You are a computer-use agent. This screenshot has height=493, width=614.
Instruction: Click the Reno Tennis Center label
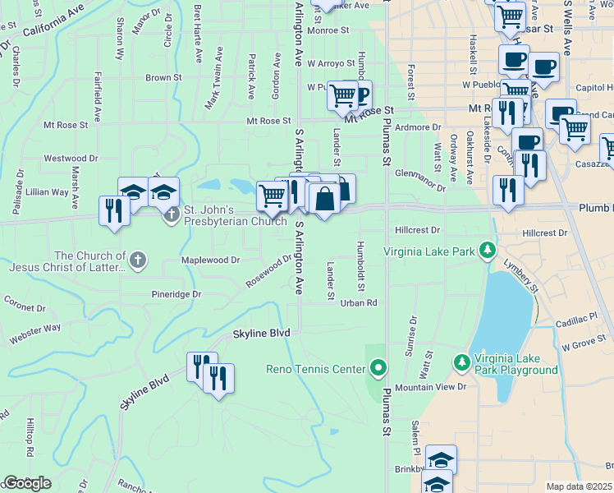314,369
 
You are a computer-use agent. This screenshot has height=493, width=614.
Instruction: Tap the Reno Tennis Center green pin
378,367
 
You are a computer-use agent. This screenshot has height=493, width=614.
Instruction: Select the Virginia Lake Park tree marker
488,248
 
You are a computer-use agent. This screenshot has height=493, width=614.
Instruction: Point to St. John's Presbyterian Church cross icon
171,216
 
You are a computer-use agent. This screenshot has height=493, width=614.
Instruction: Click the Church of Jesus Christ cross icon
137,261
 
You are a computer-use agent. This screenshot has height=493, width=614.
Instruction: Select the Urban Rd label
360,303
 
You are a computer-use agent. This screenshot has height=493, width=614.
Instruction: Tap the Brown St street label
163,78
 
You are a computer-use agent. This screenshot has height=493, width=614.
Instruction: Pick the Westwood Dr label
71,158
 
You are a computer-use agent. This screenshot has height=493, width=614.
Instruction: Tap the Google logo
27,483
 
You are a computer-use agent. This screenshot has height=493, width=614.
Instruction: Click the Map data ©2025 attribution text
579,486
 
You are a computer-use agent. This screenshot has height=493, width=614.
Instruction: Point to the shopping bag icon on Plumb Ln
325,198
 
